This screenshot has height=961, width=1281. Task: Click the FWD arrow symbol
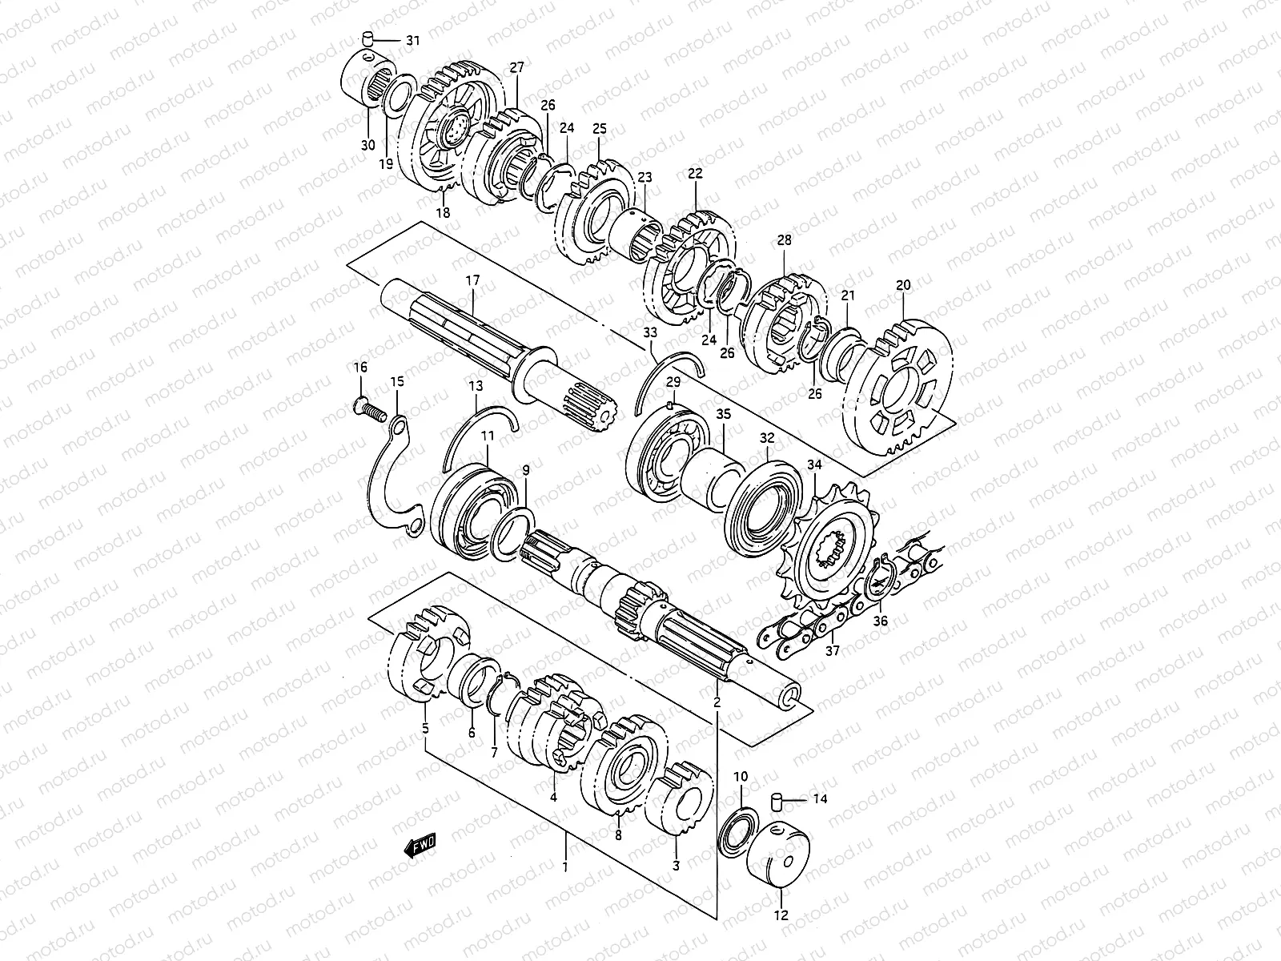point(420,844)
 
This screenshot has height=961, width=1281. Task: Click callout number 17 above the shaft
point(472,282)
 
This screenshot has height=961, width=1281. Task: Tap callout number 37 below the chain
point(833,651)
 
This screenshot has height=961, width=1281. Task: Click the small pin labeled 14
point(775,798)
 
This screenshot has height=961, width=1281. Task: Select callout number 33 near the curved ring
point(650,332)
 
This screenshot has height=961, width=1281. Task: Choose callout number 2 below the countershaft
point(717,702)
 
